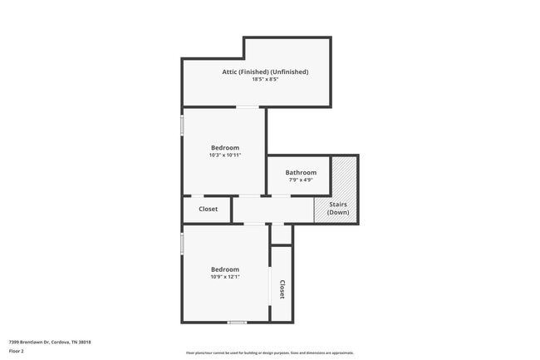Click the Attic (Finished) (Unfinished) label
pyautogui.click(x=265, y=72)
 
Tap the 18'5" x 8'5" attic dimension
pyautogui.click(x=265, y=80)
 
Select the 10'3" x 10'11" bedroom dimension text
pyautogui.click(x=224, y=155)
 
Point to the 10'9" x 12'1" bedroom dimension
pyautogui.click(x=224, y=277)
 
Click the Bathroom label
pyautogui.click(x=301, y=173)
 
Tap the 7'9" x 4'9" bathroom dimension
pyautogui.click(x=301, y=180)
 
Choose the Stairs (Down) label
pyautogui.click(x=338, y=208)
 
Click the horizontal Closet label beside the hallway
pyautogui.click(x=208, y=209)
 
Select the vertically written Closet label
pyautogui.click(x=282, y=288)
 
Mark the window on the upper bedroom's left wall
pyautogui.click(x=182, y=125)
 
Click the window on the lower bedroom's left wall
pyautogui.click(x=182, y=242)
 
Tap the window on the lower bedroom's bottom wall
pyautogui.click(x=237, y=322)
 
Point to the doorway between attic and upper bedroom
pyautogui.click(x=247, y=107)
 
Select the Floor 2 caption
pyautogui.click(x=17, y=351)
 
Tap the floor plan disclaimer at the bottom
pyautogui.click(x=270, y=353)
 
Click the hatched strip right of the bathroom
pyautogui.click(x=344, y=176)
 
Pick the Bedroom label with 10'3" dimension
pyautogui.click(x=224, y=147)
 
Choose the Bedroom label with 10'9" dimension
pyautogui.click(x=224, y=269)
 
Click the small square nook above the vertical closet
pyautogui.click(x=282, y=234)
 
